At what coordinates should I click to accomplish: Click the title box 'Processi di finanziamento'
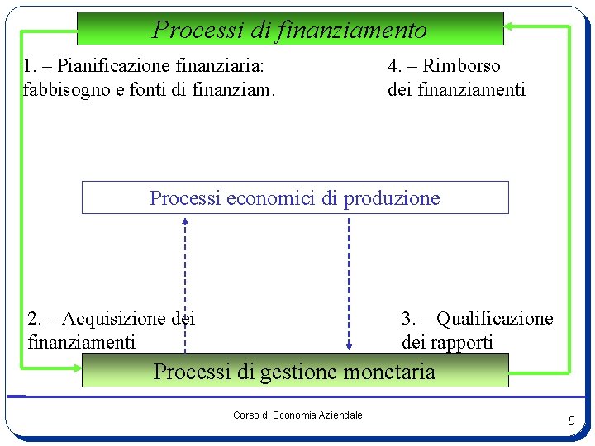tap(290, 28)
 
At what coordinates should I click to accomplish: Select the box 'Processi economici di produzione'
tap(295, 198)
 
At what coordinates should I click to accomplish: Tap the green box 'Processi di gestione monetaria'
tap(295, 372)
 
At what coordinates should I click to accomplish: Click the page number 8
tap(571, 422)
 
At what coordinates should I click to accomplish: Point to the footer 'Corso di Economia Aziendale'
tap(297, 415)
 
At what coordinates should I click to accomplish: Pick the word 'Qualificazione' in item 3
tap(494, 319)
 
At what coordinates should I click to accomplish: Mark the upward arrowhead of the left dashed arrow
tap(185, 221)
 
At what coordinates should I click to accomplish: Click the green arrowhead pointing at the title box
tap(508, 26)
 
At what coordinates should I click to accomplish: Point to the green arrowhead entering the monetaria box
tap(513, 371)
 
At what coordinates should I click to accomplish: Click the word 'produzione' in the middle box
tap(392, 198)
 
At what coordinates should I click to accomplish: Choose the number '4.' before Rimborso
tap(396, 66)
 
